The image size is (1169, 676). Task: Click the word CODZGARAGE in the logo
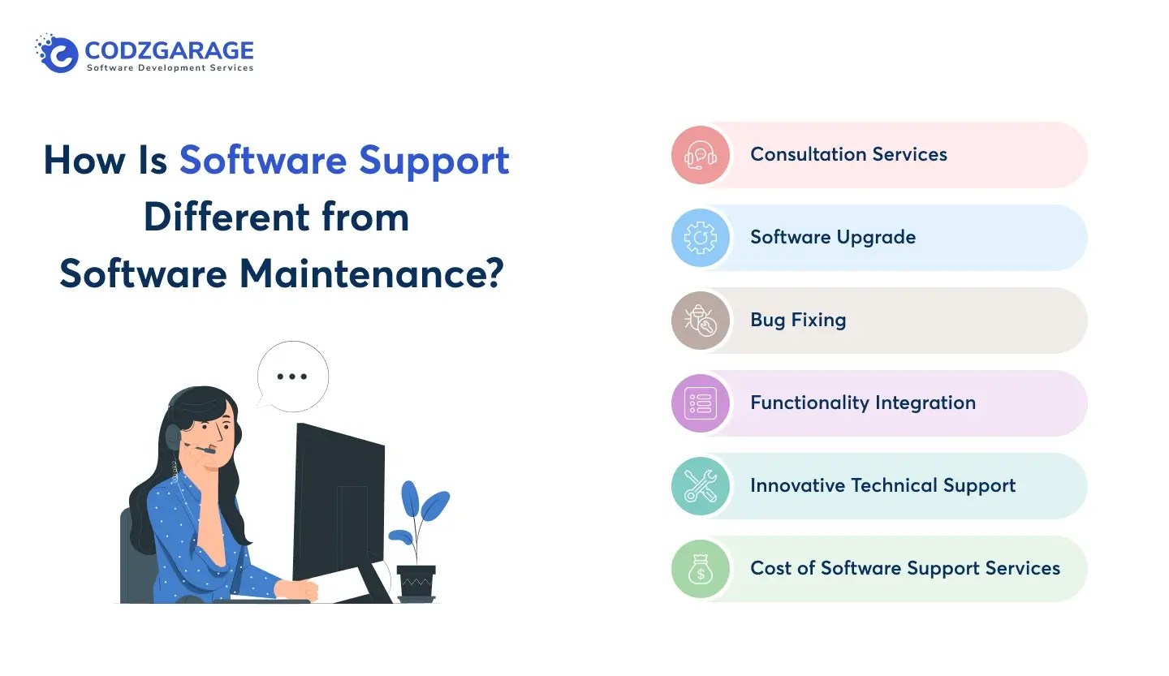169,51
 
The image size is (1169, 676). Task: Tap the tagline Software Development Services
170,68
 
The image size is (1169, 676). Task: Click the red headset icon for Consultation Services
701,155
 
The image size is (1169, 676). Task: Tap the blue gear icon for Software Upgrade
701,238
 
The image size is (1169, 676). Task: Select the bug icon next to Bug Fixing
701,321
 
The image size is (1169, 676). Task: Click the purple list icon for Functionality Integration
701,403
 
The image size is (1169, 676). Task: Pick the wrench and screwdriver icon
701,486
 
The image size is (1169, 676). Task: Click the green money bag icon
701,569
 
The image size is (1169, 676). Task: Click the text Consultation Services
848,154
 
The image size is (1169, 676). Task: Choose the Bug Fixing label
798,320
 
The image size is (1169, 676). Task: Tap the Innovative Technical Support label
882,485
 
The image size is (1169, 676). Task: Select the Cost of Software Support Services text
904,568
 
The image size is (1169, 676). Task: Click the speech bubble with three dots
292,377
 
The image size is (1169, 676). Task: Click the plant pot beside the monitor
416,581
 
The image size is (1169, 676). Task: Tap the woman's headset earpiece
173,437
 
